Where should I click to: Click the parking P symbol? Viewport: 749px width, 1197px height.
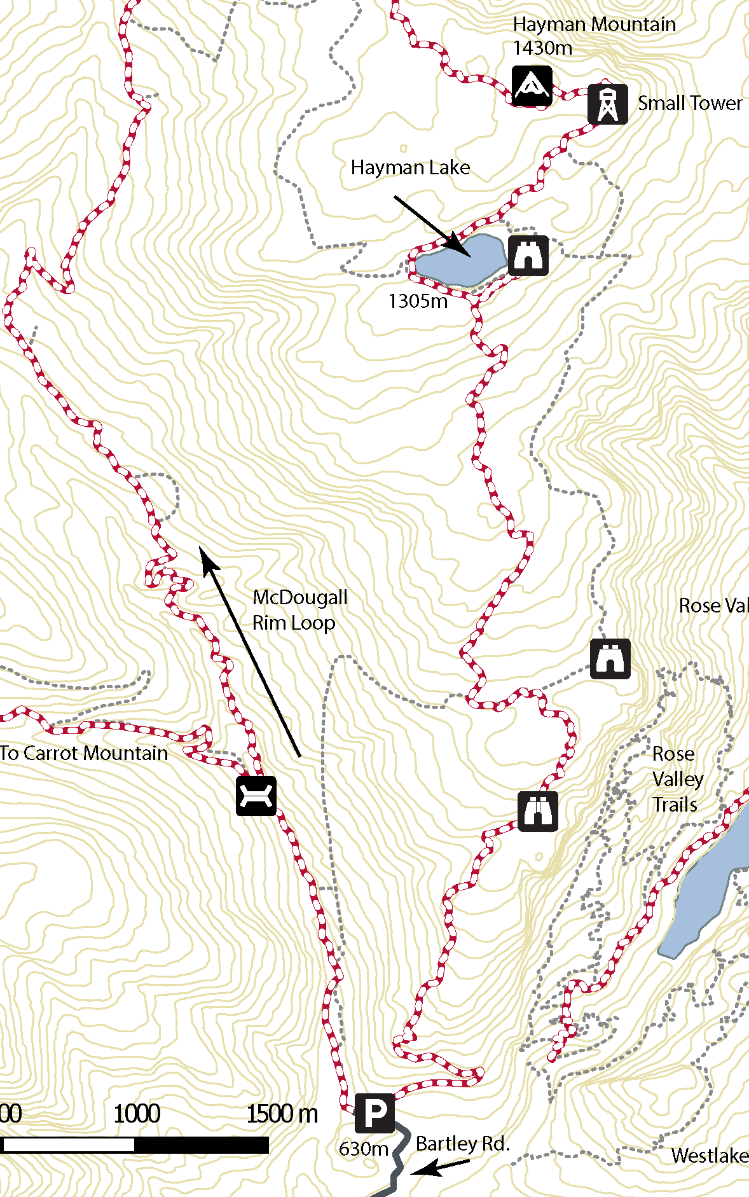pos(374,1113)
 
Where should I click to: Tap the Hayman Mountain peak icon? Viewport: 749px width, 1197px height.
pos(532,85)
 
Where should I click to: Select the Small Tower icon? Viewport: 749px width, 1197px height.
pos(607,104)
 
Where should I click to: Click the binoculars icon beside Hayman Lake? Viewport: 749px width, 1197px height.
pos(528,256)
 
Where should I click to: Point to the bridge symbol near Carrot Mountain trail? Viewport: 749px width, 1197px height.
pos(256,795)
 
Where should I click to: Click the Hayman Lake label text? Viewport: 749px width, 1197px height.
pos(410,168)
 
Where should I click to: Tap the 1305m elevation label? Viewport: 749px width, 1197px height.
pos(418,301)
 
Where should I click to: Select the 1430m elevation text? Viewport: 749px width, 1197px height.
pos(542,48)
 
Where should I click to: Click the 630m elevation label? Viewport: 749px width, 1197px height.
pos(363,1149)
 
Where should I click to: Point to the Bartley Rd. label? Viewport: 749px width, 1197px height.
pos(462,1144)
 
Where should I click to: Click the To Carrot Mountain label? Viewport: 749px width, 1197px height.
pos(84,753)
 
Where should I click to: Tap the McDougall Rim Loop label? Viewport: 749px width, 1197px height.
pos(299,610)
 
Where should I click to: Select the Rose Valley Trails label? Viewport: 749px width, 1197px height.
pos(677,779)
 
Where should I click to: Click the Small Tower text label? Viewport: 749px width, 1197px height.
pos(689,104)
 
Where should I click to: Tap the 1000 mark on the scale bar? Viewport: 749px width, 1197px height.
pos(137,1114)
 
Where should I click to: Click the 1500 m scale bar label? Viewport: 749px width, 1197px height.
pos(282,1114)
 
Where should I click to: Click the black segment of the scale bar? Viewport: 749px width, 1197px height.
pos(202,1145)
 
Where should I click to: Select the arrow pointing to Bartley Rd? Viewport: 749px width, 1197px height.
pos(440,1166)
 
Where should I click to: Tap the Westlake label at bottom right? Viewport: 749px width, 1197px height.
pos(709,1155)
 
